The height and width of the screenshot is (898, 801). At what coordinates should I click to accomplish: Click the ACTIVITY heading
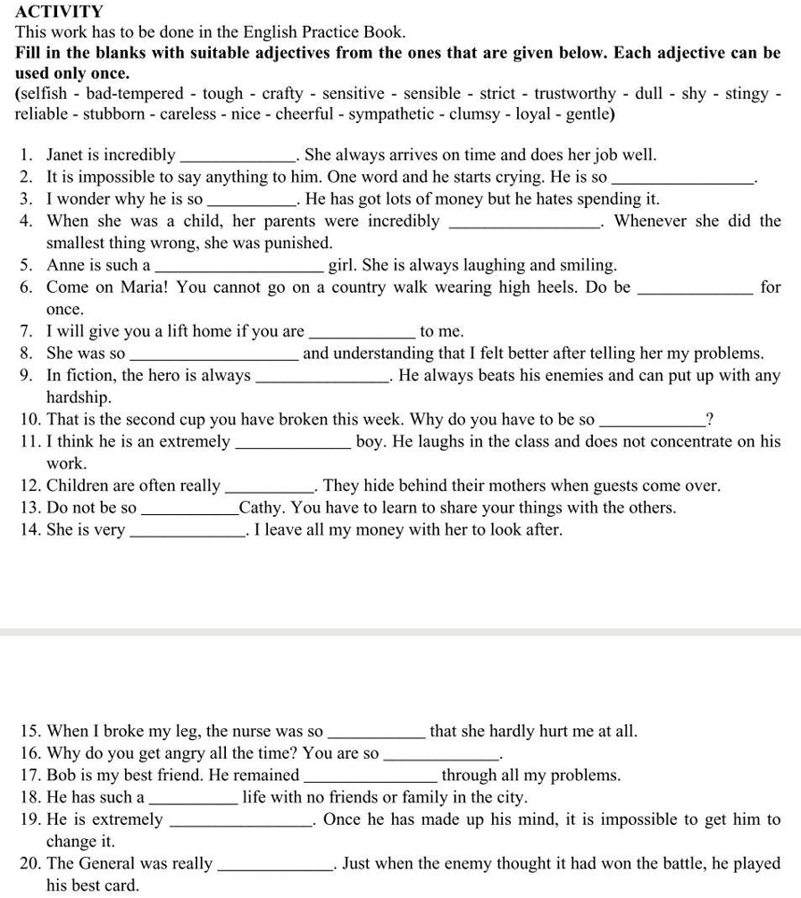coord(59,12)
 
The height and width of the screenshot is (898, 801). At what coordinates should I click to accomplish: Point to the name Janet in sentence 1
coord(67,154)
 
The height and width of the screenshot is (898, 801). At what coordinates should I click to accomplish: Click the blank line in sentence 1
coord(239,155)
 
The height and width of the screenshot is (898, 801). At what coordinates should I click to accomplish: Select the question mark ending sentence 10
coord(708,420)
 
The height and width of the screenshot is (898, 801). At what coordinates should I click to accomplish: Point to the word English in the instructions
coord(264,32)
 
